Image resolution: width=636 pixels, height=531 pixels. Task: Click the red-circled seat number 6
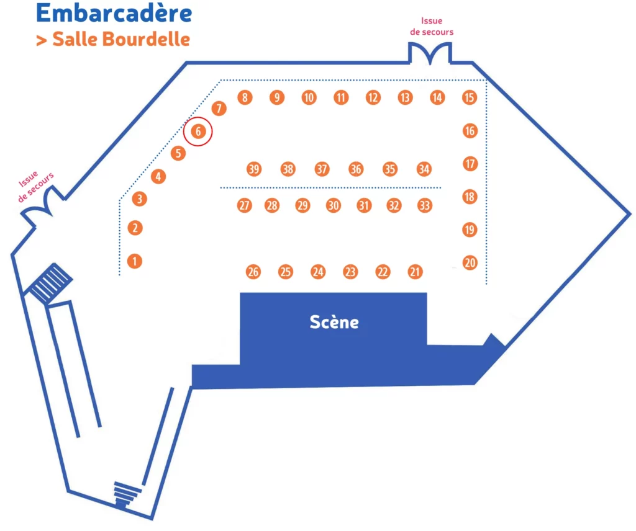[198, 132]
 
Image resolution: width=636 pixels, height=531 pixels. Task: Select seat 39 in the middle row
[253, 169]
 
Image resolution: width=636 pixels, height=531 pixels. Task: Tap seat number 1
[134, 261]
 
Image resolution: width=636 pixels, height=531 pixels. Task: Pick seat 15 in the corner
[470, 97]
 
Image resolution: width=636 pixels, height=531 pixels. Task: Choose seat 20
[470, 263]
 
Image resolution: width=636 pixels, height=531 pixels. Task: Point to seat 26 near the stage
[253, 272]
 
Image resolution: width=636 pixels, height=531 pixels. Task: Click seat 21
[416, 271]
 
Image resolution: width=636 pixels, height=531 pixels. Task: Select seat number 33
[424, 205]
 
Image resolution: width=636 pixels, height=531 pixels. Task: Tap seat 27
[245, 205]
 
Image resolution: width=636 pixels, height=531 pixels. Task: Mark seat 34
[424, 169]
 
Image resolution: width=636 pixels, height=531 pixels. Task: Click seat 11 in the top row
[341, 97]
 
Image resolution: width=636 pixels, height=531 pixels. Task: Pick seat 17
[470, 164]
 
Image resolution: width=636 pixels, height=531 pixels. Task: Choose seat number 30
[334, 205]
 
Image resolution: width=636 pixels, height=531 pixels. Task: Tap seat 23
[351, 271]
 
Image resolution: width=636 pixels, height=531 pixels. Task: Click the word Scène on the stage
[334, 322]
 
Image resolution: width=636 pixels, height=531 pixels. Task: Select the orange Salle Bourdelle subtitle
[113, 39]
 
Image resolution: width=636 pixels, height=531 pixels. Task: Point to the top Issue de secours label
[437, 26]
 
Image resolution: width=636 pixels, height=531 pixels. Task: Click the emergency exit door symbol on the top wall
[430, 54]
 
